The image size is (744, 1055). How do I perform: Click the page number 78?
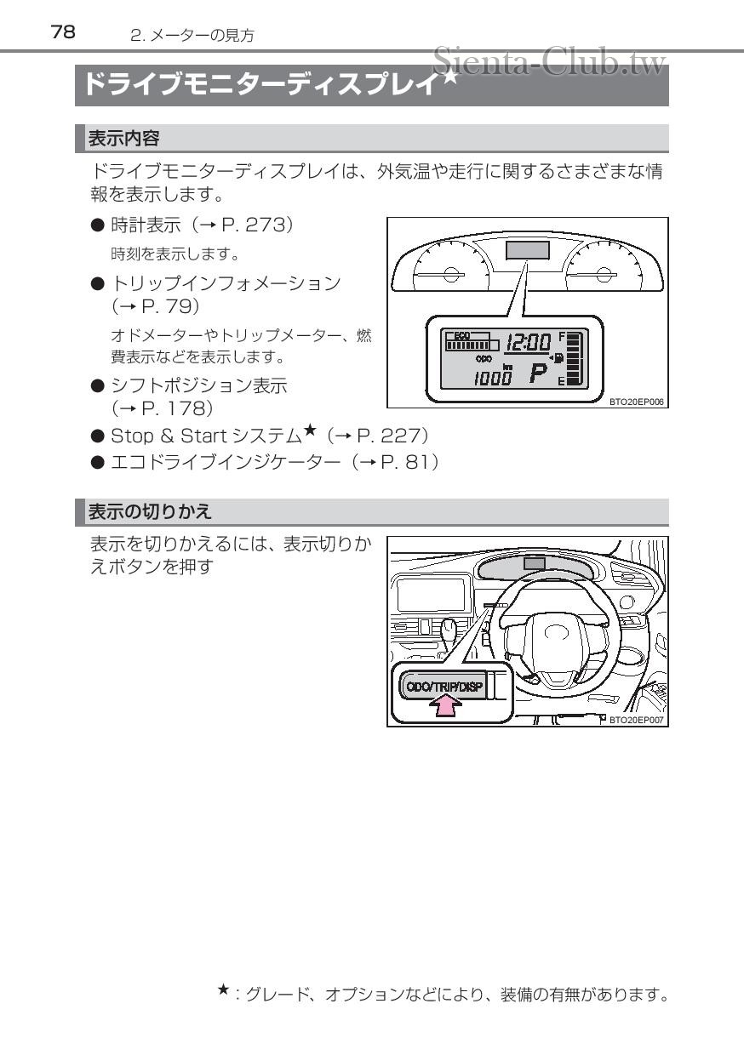click(63, 32)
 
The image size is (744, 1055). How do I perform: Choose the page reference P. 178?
click(170, 409)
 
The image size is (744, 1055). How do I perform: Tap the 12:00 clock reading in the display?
click(528, 343)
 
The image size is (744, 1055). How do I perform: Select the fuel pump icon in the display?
click(558, 357)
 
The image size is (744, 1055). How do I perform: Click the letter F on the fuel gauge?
click(561, 336)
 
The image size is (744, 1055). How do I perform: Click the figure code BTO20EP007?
click(637, 720)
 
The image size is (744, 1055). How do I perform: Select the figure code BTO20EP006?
click(636, 402)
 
